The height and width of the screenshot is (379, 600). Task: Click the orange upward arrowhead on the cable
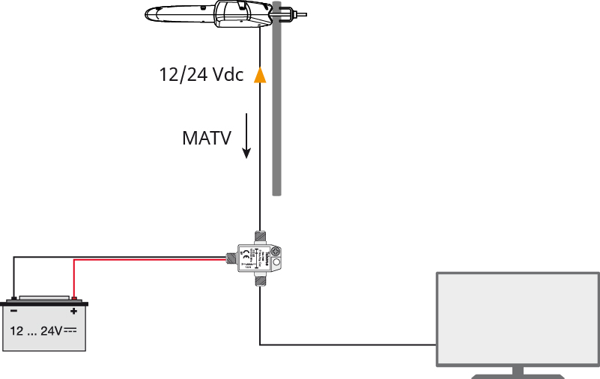point(260,75)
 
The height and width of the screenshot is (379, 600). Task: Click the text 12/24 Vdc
point(201,75)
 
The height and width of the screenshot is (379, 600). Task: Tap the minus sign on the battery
point(13,310)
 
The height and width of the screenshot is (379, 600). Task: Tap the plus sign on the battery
point(73,310)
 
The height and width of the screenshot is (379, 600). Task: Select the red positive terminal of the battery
point(73,299)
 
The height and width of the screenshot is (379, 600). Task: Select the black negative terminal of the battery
point(13,299)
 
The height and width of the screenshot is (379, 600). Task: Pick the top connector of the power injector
point(260,237)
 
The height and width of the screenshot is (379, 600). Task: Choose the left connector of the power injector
point(231,260)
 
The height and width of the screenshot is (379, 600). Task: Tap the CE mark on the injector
point(247,254)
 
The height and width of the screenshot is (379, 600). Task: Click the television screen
point(518,318)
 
